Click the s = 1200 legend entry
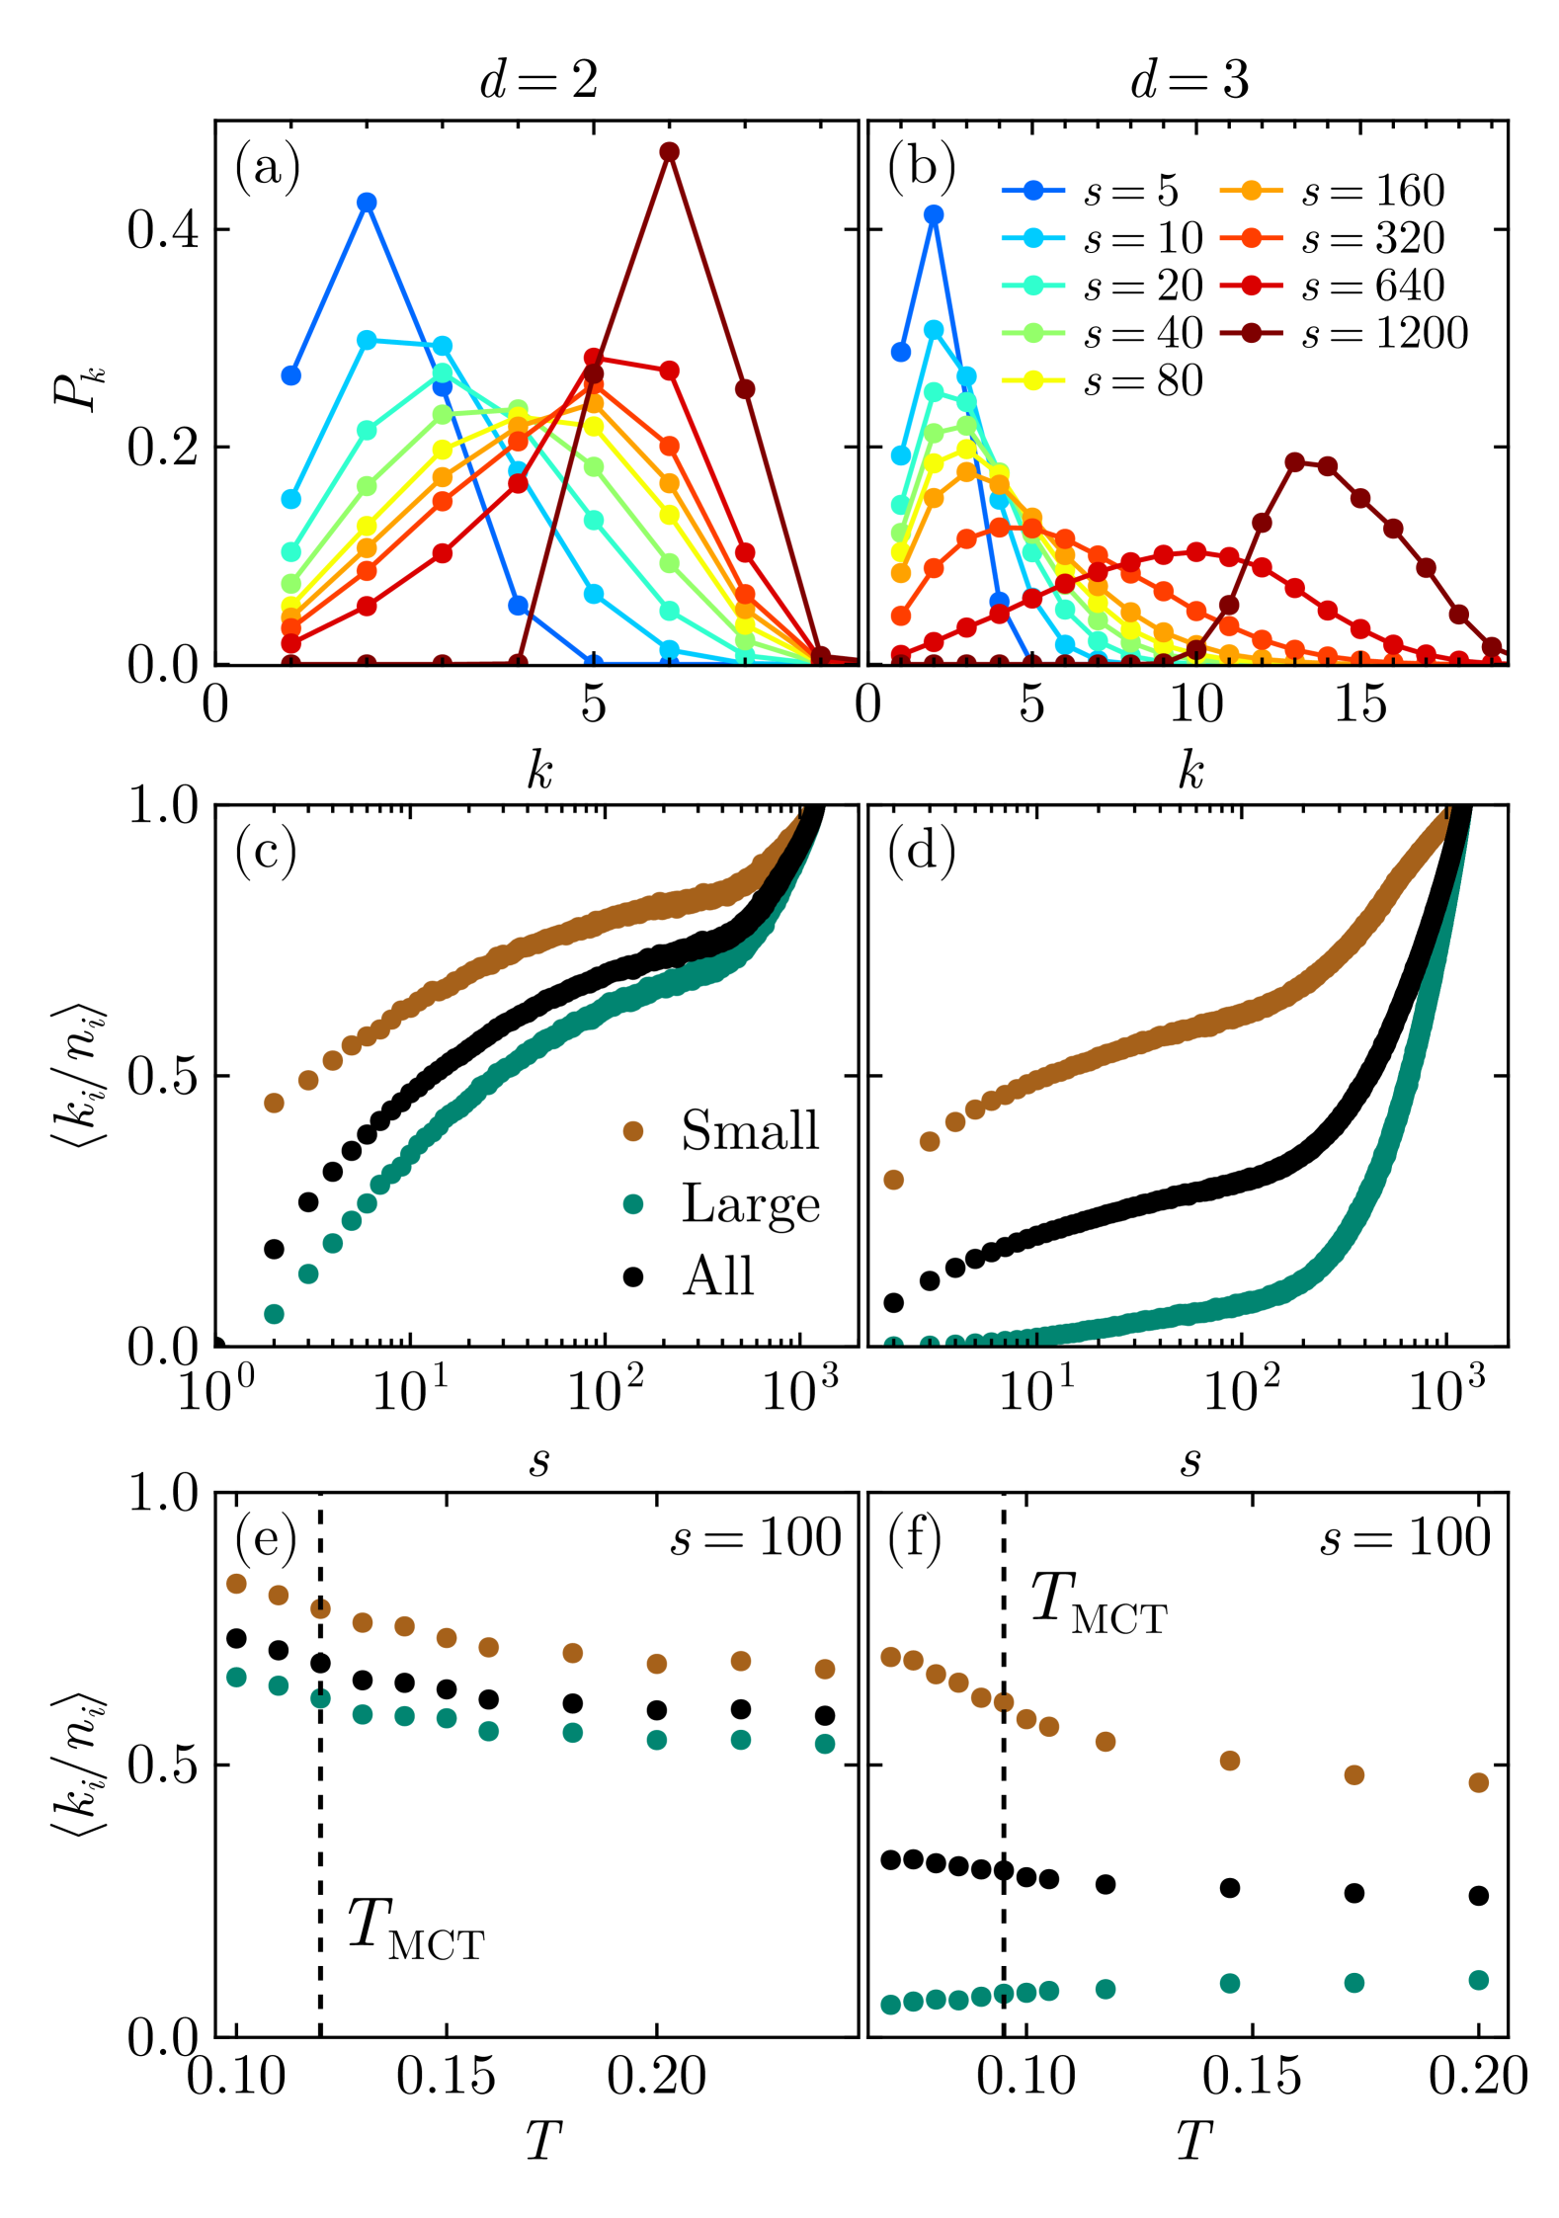tap(1344, 333)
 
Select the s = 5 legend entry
tap(1091, 191)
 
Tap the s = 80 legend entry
tap(1102, 380)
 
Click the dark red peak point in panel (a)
tap(669, 151)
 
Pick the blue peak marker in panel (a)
tap(367, 203)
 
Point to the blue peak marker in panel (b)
tap(933, 214)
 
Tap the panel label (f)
tap(916, 1538)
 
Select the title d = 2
tap(538, 79)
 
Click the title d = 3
tap(1190, 79)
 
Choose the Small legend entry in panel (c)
tap(721, 1130)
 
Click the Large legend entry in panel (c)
tap(721, 1203)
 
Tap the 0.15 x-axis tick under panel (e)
tap(446, 2075)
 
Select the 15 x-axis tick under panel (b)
tap(1360, 704)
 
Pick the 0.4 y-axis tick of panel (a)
tap(162, 229)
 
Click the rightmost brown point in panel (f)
tap(1478, 1782)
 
